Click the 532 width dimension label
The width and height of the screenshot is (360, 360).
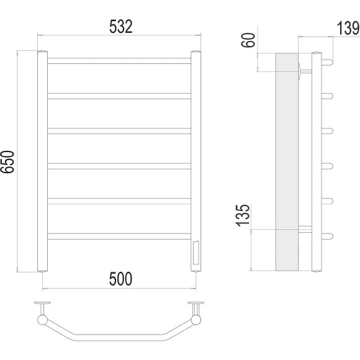(121, 27)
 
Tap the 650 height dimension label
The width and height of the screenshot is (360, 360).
(7, 161)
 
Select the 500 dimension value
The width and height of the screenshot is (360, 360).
(120, 279)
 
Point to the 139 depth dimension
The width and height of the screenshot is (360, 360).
(348, 28)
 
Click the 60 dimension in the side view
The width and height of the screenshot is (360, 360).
(248, 40)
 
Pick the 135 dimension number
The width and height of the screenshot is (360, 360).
(243, 215)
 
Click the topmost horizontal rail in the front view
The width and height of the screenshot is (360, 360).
(119, 61)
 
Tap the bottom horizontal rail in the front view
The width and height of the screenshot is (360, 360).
(119, 236)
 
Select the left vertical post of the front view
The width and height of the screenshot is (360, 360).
(42, 161)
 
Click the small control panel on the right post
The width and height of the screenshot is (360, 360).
(196, 253)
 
